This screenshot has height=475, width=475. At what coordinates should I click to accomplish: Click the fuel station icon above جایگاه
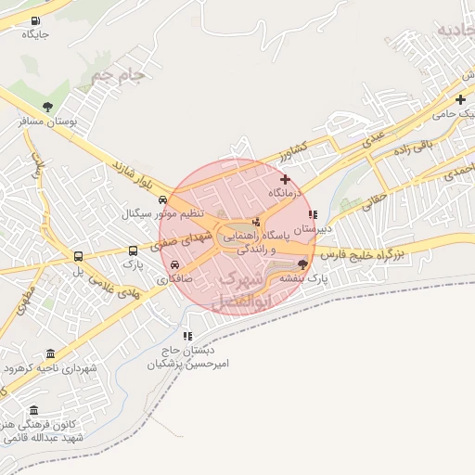point(35,21)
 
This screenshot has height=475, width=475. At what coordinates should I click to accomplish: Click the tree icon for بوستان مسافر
point(47,107)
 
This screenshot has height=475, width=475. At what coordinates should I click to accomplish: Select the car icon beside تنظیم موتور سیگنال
point(163,199)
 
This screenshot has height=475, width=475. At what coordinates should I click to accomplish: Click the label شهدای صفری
point(180,242)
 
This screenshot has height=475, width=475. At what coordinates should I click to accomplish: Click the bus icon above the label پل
point(78,256)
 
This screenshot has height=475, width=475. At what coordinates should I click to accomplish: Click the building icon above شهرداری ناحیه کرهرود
point(49,353)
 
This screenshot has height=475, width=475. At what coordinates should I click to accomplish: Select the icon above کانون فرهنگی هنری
point(34,410)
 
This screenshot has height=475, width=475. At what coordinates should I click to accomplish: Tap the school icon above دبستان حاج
point(187,336)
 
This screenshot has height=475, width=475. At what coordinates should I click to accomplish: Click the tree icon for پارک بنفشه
point(302,264)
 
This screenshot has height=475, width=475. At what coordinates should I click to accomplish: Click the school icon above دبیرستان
point(313,214)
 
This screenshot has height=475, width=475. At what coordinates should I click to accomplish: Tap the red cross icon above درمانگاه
point(285,179)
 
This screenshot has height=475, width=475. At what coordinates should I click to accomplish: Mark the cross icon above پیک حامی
point(460,99)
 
